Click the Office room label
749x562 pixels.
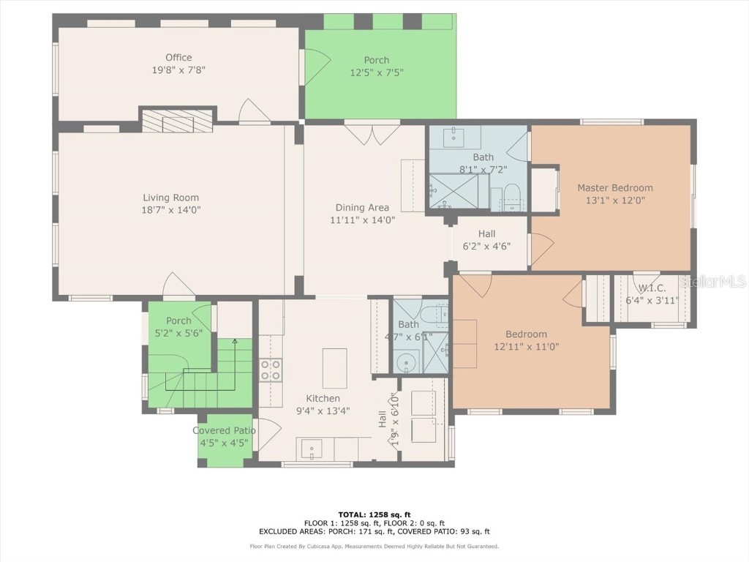pyautogui.click(x=178, y=57)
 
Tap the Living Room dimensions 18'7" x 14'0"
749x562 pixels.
pyautogui.click(x=171, y=210)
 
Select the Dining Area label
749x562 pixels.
pyautogui.click(x=362, y=207)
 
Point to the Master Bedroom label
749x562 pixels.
pyautogui.click(x=615, y=188)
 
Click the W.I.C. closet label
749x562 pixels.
pyautogui.click(x=652, y=288)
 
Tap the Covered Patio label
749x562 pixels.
pyautogui.click(x=224, y=430)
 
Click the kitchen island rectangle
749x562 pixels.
pyautogui.click(x=334, y=369)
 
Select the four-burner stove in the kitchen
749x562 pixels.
pyautogui.click(x=270, y=370)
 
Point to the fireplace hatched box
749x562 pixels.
pyautogui.click(x=177, y=121)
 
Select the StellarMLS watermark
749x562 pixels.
pyautogui.click(x=712, y=281)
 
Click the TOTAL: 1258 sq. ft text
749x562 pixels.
pyautogui.click(x=374, y=514)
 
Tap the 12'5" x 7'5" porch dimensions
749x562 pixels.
pyautogui.click(x=377, y=72)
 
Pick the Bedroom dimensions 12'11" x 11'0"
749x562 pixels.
pyautogui.click(x=527, y=346)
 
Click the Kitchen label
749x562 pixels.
pyautogui.click(x=323, y=399)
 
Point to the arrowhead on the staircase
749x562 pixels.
pyautogui.click(x=235, y=341)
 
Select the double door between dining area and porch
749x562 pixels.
pyautogui.click(x=372, y=135)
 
